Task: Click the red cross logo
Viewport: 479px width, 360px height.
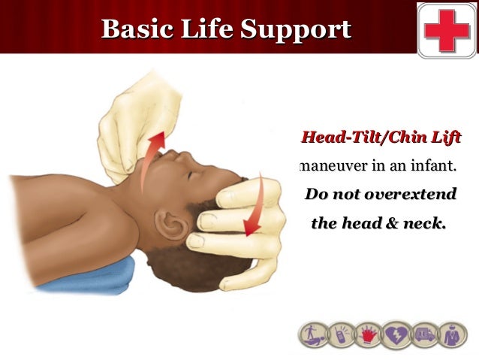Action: [x=447, y=29]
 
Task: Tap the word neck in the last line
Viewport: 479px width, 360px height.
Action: [x=426, y=223]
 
